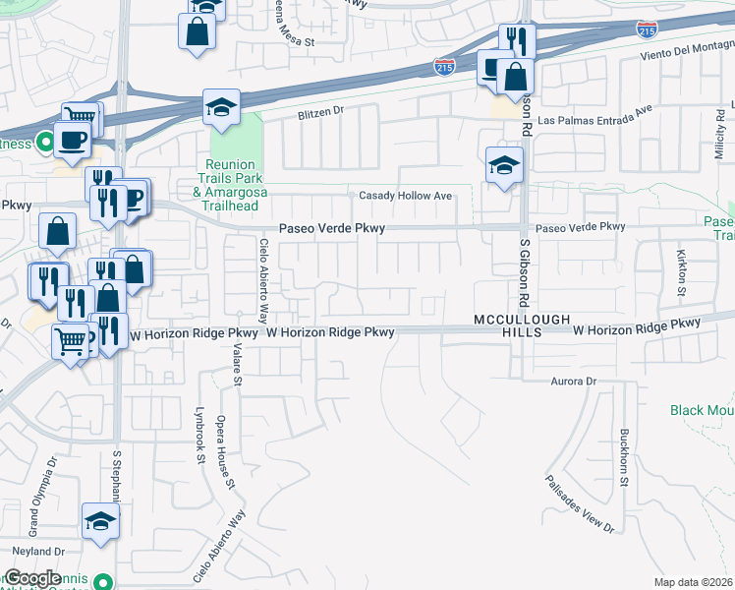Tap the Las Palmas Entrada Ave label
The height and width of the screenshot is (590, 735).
pyautogui.click(x=595, y=110)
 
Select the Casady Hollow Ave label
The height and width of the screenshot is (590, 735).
pyautogui.click(x=405, y=196)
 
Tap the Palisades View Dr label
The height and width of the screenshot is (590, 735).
pyautogui.click(x=580, y=505)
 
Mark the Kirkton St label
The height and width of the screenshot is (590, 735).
pyautogui.click(x=681, y=271)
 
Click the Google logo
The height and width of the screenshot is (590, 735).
pyautogui.click(x=32, y=578)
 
